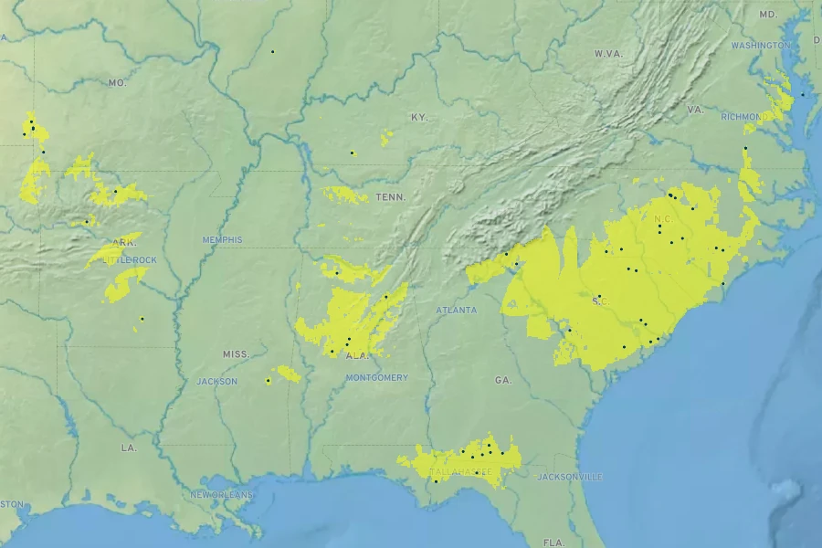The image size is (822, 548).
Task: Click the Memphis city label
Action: tap(223, 239)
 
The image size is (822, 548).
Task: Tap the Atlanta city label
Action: tap(456, 311)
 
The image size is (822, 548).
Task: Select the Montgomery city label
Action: tap(377, 377)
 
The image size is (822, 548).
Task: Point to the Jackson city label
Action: tap(216, 381)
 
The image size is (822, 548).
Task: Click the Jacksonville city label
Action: tap(569, 477)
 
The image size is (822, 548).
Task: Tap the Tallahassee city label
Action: tap(462, 472)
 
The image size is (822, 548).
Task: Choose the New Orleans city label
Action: tap(223, 494)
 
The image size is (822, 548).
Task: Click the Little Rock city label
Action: tap(130, 260)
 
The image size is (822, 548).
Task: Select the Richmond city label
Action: tap(743, 117)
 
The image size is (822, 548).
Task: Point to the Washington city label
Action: tap(760, 45)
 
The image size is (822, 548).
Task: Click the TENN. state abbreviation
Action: tap(390, 197)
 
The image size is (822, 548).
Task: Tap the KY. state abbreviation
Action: tap(419, 118)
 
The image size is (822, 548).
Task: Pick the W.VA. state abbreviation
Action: tap(608, 54)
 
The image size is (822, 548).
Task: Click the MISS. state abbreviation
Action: tap(236, 353)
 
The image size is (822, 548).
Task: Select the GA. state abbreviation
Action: tap(503, 379)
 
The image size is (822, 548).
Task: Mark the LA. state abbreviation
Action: tap(129, 448)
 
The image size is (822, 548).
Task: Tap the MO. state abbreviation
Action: tap(117, 83)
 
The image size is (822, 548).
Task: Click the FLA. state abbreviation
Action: tap(554, 543)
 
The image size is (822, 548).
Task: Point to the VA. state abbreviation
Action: tap(695, 110)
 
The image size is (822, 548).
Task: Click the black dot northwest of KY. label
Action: tap(272, 51)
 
